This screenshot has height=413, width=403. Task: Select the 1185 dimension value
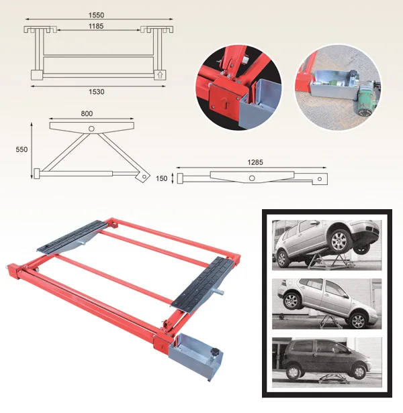tap(99, 25)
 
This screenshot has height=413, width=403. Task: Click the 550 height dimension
tap(21, 150)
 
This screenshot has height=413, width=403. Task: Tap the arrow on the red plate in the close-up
tap(228, 104)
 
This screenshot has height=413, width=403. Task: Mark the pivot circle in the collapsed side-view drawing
tap(251, 178)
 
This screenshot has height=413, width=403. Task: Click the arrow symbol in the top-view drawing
tap(159, 74)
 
